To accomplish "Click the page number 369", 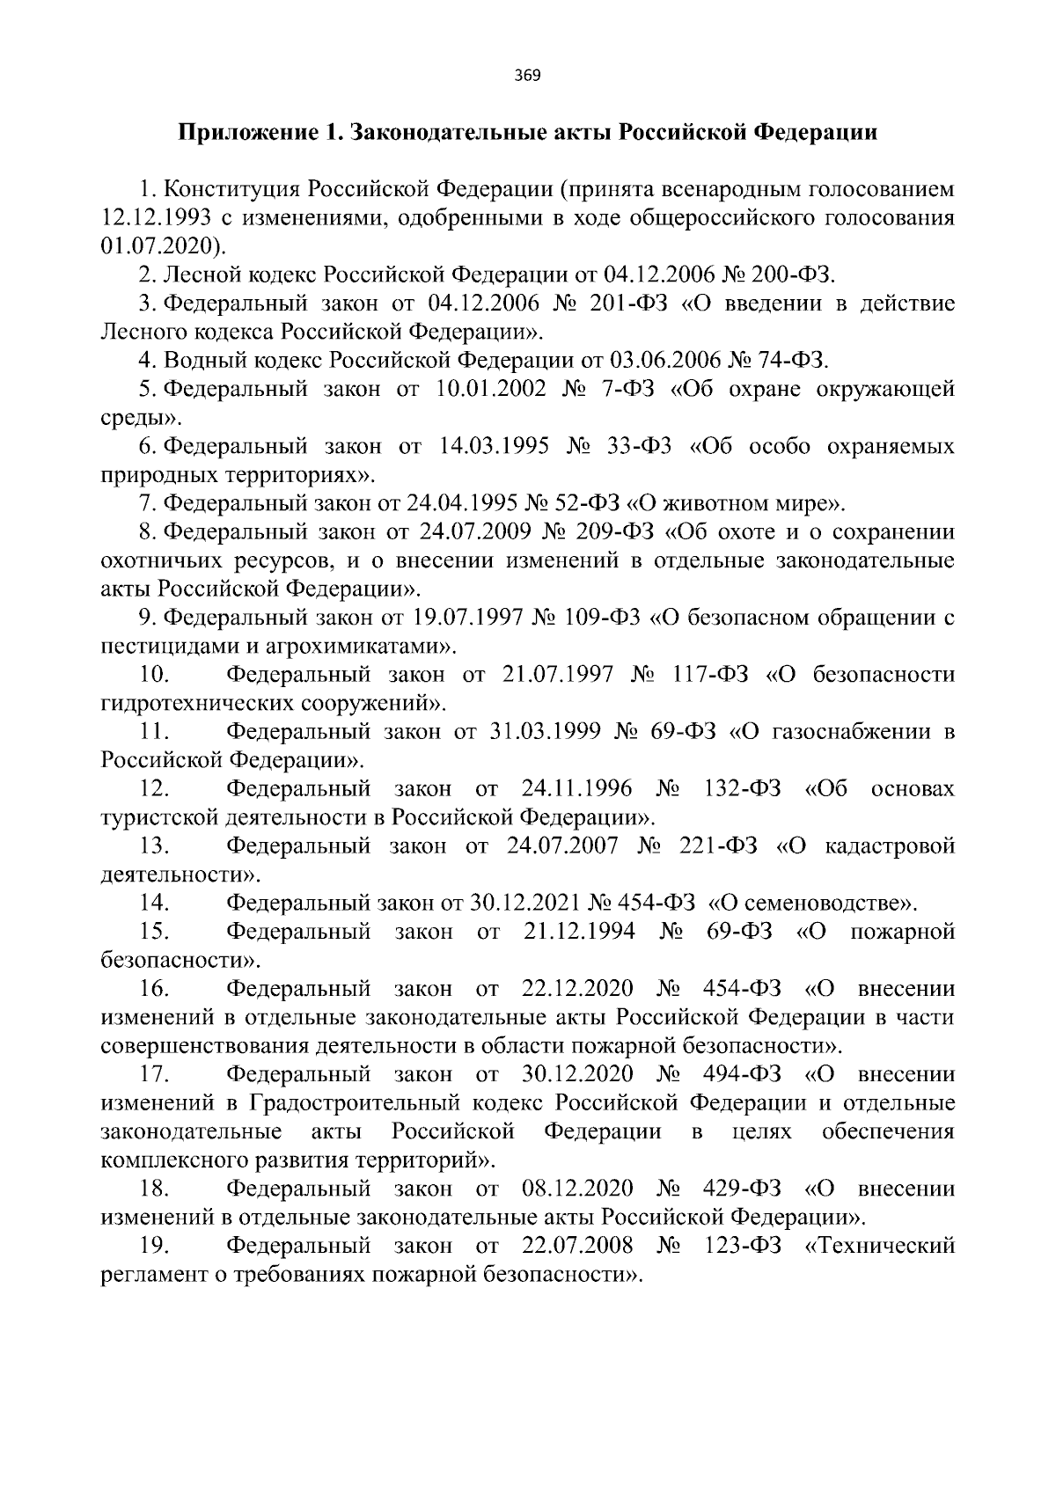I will click(528, 75).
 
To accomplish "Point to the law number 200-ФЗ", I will click(790, 274).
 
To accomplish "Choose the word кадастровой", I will click(890, 845).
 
